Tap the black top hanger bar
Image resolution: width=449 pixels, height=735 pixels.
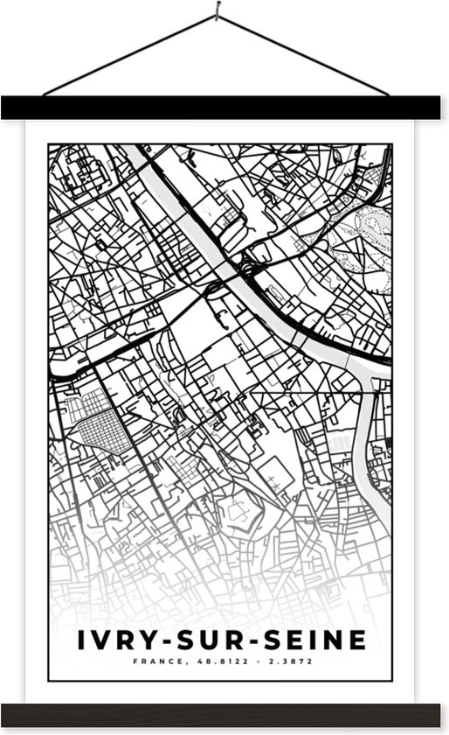224,108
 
